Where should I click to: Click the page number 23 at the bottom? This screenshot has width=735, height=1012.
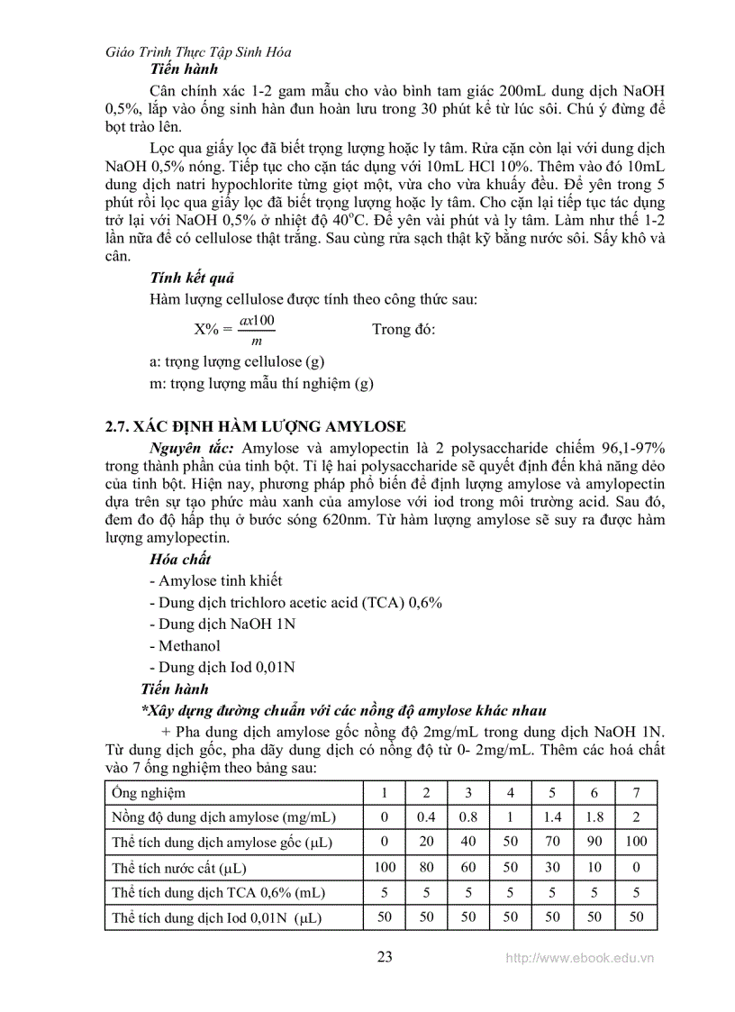coord(385,956)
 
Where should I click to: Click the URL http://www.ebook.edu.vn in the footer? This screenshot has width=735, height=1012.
coord(579,959)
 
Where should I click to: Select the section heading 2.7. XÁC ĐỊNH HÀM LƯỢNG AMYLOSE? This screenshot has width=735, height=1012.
coord(255,426)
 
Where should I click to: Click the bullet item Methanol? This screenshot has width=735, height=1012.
coord(185,645)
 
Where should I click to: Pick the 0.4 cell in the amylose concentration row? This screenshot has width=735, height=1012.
coord(426,817)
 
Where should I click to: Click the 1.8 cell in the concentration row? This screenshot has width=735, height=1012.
coord(594,817)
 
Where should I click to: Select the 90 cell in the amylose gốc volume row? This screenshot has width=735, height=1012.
coord(594,842)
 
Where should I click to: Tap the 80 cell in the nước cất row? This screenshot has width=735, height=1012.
coord(426,867)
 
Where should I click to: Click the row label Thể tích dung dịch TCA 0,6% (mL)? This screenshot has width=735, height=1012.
coord(218,892)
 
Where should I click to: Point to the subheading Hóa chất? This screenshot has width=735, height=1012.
coord(180,560)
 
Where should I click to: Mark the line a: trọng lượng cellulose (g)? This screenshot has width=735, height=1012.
coord(236,361)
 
